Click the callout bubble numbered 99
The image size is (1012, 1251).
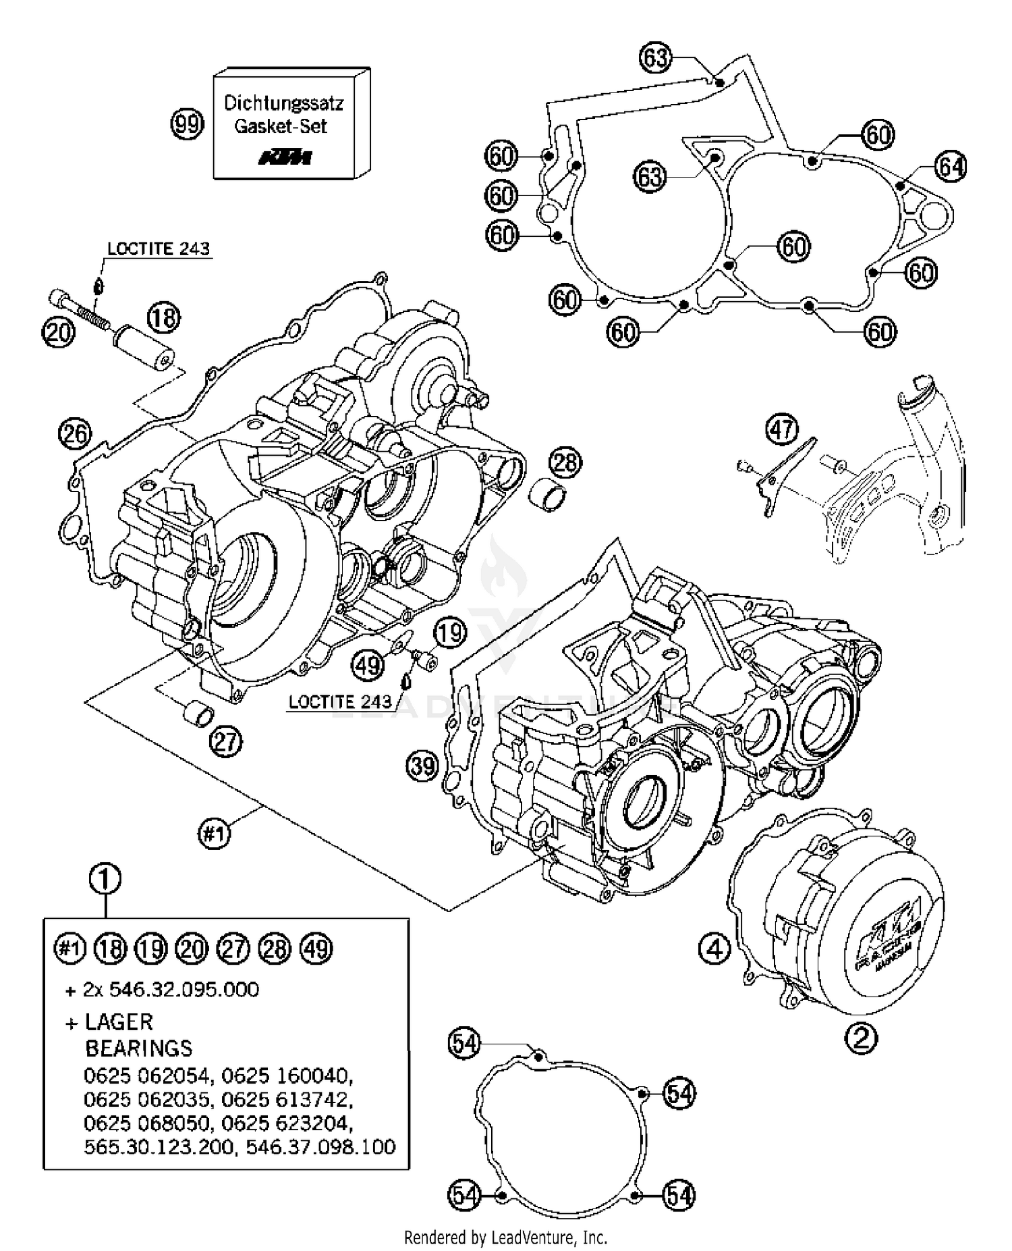pos(187,124)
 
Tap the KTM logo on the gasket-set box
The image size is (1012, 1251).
pos(286,158)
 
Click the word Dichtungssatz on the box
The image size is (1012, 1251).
pos(283,103)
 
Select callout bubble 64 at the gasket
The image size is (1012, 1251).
pos(951,166)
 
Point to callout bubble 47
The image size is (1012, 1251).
pos(782,429)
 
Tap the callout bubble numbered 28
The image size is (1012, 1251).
pos(565,462)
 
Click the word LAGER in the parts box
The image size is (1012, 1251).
pos(119,1021)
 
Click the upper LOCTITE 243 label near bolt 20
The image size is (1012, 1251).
pos(159,248)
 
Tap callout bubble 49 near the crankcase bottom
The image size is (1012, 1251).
pos(368,666)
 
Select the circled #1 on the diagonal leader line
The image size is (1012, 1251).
pos(214,835)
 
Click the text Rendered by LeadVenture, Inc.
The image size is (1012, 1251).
pos(505,1237)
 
